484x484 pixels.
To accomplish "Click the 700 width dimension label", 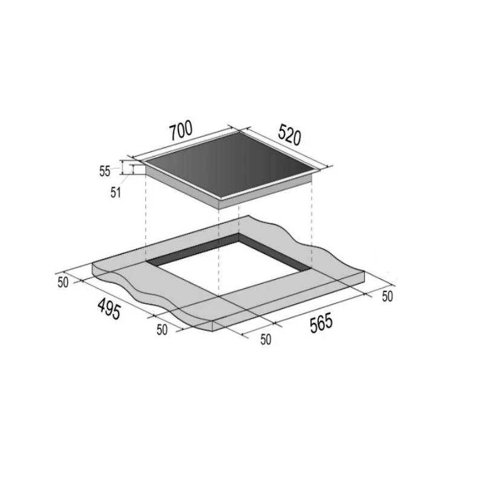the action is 181,131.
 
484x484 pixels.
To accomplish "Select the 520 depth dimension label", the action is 289,134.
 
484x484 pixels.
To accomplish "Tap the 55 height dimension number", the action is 105,171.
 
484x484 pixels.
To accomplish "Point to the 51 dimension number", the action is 115,192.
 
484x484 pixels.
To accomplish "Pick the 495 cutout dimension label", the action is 109,309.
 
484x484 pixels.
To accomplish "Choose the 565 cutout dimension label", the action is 321,323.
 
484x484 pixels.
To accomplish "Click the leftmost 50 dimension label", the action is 63,283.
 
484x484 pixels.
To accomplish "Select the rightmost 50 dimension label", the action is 387,296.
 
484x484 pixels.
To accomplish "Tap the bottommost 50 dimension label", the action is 266,339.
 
